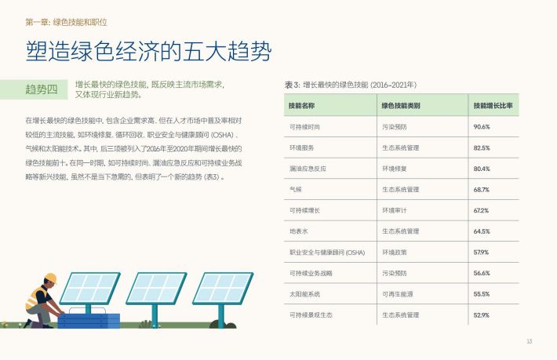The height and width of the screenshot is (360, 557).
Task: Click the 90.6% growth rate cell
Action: click(482, 127)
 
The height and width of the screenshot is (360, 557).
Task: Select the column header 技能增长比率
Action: click(493, 105)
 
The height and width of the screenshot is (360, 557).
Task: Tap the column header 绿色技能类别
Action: click(401, 105)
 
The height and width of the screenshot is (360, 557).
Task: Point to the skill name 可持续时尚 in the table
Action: click(304, 127)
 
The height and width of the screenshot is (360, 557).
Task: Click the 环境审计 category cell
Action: click(395, 210)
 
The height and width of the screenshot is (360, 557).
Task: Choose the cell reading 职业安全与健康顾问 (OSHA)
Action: click(327, 253)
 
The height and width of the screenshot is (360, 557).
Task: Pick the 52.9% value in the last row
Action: click(482, 315)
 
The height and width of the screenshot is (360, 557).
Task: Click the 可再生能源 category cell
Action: click(398, 294)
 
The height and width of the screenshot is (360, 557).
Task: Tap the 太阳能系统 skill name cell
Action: click(304, 294)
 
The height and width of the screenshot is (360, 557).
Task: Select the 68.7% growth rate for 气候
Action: click(482, 190)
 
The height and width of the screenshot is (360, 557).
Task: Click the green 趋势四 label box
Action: click(34, 89)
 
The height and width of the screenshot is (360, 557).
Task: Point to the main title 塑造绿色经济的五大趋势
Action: click(148, 51)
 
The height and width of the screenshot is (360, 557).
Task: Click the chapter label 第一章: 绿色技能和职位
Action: click(66, 23)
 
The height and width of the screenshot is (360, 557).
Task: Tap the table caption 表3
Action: click(292, 85)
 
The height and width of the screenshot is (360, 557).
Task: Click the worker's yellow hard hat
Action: click(50, 278)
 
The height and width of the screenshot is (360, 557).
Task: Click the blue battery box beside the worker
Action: click(89, 320)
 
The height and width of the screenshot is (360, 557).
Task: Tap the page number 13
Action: click(530, 341)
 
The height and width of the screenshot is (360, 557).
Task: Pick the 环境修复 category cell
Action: click(395, 169)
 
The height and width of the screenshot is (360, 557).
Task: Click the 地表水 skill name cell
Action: click(298, 231)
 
